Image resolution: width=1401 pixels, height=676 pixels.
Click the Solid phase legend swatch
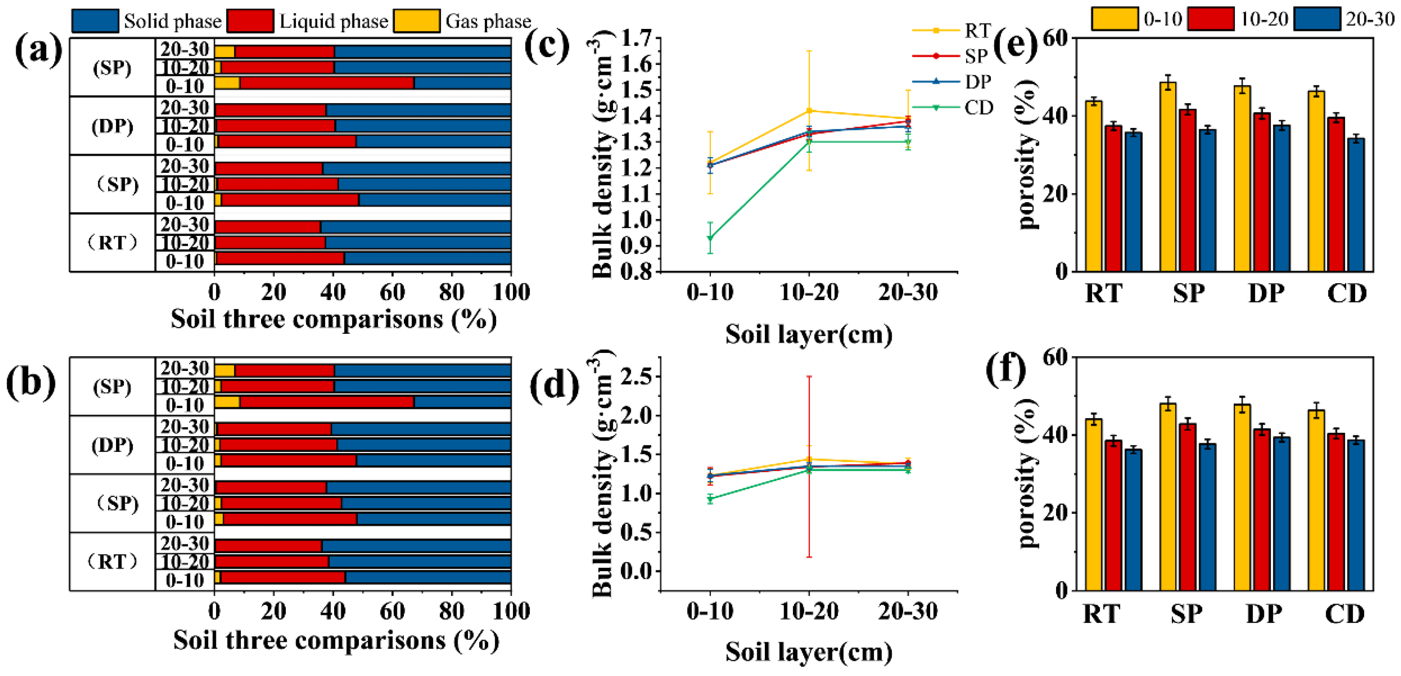(95, 21)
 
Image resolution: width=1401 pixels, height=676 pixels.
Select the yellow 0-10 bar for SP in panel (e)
(1168, 177)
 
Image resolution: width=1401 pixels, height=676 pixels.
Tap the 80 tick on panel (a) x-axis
(451, 292)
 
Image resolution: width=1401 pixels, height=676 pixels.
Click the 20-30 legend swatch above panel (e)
(1317, 19)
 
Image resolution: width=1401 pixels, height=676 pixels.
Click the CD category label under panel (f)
(1344, 614)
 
